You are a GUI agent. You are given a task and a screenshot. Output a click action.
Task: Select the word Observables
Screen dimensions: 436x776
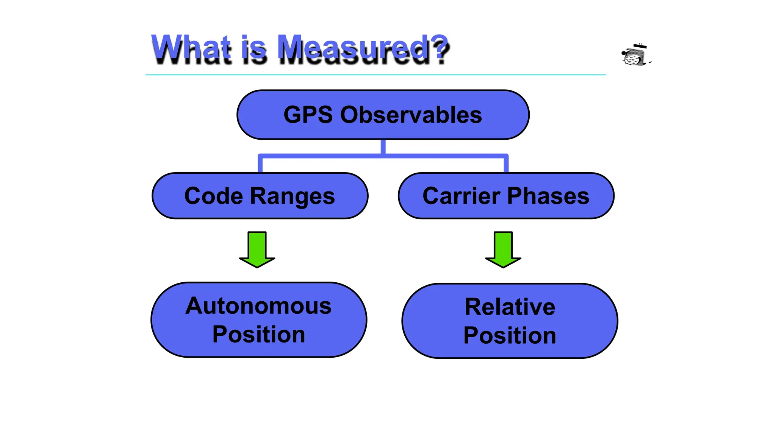(x=411, y=115)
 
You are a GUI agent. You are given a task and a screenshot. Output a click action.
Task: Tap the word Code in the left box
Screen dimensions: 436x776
(x=213, y=196)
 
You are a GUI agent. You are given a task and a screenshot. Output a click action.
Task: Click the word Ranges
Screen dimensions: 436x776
(x=292, y=197)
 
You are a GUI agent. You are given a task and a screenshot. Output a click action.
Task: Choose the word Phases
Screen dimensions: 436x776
(x=548, y=196)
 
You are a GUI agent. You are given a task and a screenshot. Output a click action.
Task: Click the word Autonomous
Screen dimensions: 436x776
(x=258, y=306)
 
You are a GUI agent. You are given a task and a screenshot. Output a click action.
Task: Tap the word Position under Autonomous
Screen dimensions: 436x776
(x=258, y=335)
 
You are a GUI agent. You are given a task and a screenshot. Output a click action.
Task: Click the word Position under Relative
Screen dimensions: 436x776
(x=510, y=335)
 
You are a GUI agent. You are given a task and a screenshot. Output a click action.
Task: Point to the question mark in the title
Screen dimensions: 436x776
(x=441, y=47)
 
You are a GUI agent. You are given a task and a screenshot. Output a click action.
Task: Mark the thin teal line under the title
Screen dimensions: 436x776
(x=375, y=75)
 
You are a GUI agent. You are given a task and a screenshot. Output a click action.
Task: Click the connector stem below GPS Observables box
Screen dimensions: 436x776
(x=383, y=146)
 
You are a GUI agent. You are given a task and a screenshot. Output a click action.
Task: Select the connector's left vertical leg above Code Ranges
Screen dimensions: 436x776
(x=260, y=165)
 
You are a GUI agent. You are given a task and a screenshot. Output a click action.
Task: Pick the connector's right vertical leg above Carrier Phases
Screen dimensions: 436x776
(x=506, y=165)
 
